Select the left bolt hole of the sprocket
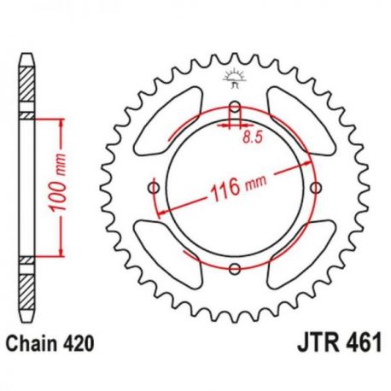[153, 188]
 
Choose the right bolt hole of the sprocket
[317, 188]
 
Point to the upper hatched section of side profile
[26, 85]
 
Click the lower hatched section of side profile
[26, 290]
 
